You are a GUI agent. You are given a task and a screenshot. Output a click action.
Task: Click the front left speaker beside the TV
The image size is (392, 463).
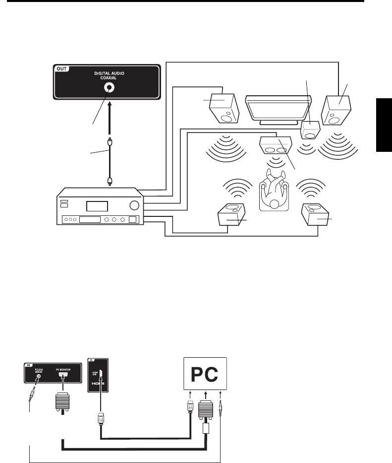[225, 108]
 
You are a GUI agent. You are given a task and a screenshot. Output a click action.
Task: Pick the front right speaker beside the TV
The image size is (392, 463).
[339, 110]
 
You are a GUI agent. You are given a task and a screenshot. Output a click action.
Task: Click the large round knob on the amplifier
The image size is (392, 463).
[133, 205]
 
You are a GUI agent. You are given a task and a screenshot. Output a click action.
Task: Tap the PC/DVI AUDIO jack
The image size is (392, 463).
[37, 376]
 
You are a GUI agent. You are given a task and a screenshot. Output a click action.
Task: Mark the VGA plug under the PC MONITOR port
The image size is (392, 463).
[62, 401]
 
